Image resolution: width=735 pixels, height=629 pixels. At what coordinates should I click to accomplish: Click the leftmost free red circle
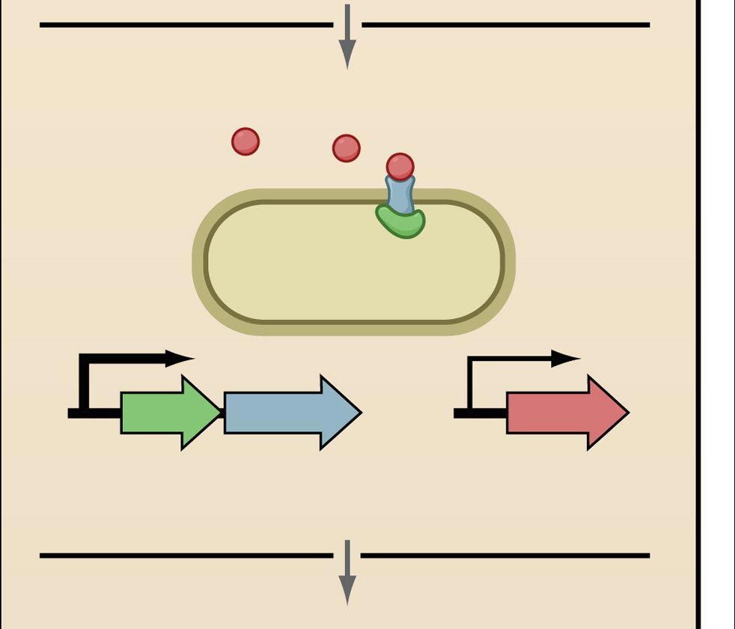coord(245,142)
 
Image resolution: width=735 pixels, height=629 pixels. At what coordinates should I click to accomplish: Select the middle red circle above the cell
coord(346,148)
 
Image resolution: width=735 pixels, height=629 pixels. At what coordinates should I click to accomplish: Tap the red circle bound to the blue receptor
coord(400,166)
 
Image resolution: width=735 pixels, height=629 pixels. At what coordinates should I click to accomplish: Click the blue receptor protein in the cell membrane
coord(400,195)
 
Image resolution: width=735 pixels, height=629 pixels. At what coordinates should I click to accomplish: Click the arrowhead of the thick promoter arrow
coord(180,359)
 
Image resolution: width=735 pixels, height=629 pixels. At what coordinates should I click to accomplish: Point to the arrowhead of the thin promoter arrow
coord(566,359)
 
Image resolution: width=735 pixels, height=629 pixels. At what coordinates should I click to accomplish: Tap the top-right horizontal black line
coord(505,25)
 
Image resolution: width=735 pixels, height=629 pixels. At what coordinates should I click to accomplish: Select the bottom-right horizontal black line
coord(505,556)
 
